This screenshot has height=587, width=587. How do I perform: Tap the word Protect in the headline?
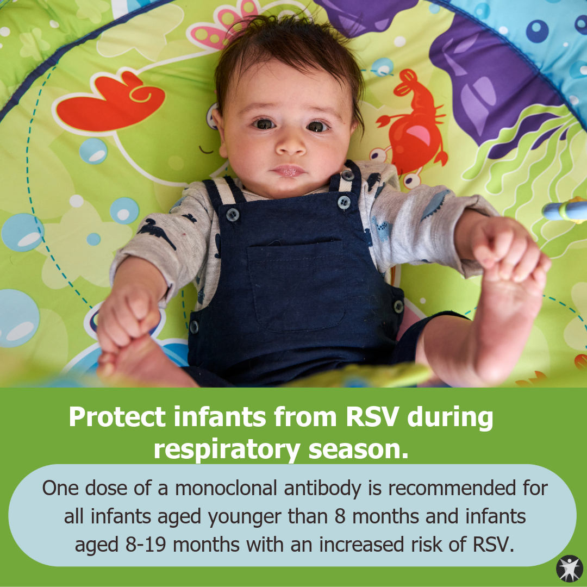coord(117,416)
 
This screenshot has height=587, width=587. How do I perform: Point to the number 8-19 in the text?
coord(146,545)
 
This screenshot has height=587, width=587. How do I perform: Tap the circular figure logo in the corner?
coord(570,569)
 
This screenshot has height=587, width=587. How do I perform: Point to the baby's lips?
coord(288,171)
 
